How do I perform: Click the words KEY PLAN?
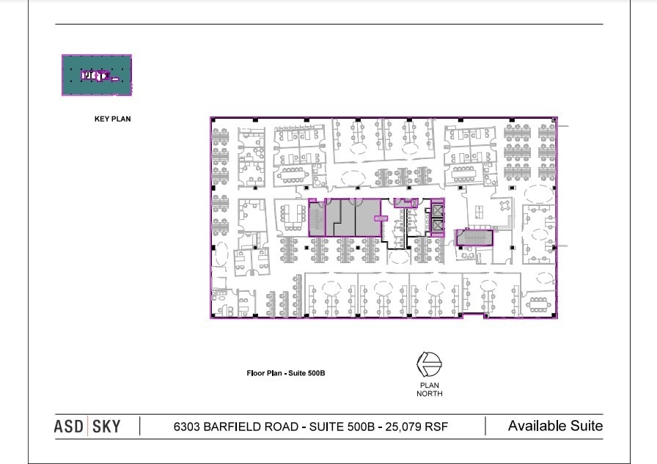coord(112,119)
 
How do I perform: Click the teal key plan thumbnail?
coord(97,75)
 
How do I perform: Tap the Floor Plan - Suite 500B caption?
coord(286,373)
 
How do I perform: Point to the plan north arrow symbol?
coord(429,364)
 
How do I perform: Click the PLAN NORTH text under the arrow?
coord(430,389)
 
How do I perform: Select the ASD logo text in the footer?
coord(69,427)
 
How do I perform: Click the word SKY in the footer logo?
coord(106,427)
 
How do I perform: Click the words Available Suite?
coord(556,426)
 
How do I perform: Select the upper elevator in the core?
coord(437,210)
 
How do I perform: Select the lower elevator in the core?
coord(437,226)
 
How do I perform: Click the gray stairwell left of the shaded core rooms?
coord(317,218)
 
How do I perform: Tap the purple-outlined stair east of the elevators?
coord(474,237)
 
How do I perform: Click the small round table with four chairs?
coord(505,205)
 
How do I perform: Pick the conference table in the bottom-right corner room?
coord(538,304)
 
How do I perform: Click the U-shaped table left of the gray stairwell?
coord(293,218)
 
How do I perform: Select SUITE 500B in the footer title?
coord(342,427)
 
